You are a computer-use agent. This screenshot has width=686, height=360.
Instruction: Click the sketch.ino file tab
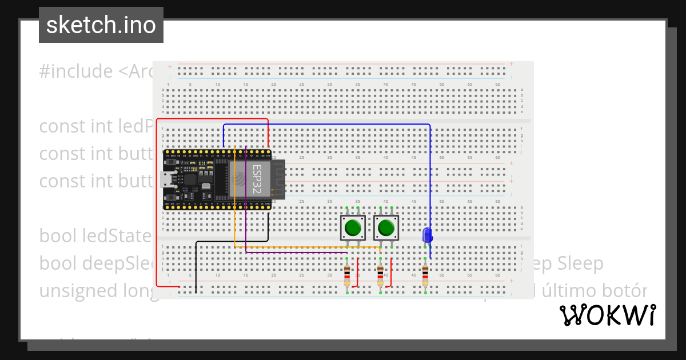pyautogui.click(x=101, y=25)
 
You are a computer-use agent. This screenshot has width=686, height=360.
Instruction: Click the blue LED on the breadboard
pyautogui.click(x=426, y=235)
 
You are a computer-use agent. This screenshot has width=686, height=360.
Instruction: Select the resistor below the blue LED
pyautogui.click(x=425, y=276)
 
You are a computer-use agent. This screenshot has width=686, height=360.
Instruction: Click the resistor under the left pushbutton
pyautogui.click(x=347, y=276)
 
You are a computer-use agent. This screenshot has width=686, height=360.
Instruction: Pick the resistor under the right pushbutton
pyautogui.click(x=381, y=276)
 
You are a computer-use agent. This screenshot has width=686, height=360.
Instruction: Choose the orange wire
pyautogui.click(x=297, y=247)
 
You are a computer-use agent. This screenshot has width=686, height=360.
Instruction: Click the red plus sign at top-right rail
pyautogui.click(x=511, y=64)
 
